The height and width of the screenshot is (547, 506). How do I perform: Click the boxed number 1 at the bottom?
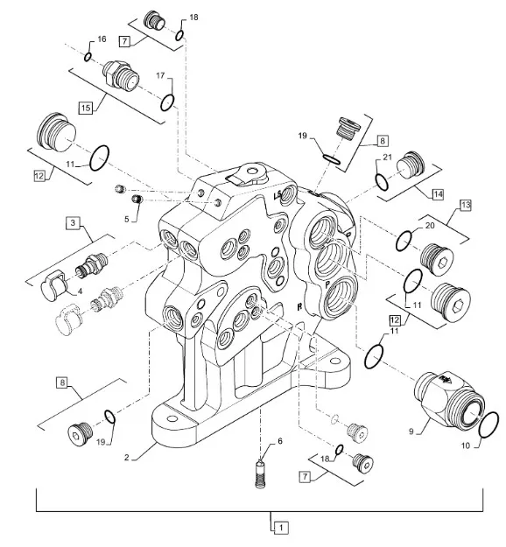point(281,528)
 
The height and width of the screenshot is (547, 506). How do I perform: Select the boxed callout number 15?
point(86,108)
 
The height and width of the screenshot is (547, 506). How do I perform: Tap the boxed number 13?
point(465,205)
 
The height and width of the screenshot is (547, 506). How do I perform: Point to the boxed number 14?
point(438,194)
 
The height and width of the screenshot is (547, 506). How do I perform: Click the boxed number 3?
point(73,222)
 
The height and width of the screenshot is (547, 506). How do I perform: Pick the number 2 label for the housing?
point(127,458)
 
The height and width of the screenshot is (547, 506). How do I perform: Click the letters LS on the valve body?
point(278,196)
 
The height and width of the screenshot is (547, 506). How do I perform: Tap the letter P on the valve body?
point(327,284)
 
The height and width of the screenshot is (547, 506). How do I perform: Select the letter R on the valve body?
point(299,306)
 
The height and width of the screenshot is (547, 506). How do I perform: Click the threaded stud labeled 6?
point(260,473)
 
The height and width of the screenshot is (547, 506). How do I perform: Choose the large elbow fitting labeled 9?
point(448,397)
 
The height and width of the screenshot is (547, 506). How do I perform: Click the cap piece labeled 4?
point(53,285)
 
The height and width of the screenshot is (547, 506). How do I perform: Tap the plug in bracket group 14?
point(411,165)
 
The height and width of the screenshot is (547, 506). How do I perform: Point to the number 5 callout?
point(127,219)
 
